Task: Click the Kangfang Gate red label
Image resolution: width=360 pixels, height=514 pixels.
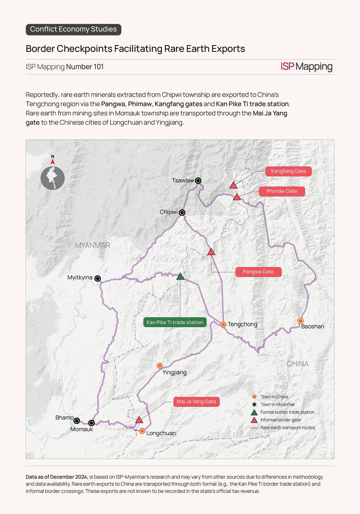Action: click(x=289, y=171)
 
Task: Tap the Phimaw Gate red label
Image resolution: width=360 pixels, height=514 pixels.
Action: click(x=282, y=191)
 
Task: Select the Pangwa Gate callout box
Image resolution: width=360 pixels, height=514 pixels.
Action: click(x=258, y=272)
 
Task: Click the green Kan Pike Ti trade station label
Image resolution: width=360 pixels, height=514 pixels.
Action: click(x=175, y=322)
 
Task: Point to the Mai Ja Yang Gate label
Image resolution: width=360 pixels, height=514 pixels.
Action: click(x=196, y=402)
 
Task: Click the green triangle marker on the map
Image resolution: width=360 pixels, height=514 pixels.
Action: click(x=180, y=276)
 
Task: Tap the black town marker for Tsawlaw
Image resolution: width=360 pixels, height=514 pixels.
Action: click(x=198, y=181)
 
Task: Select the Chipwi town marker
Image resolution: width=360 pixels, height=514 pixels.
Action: click(x=182, y=213)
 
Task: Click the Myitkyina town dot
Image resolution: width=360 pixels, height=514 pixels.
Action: click(x=97, y=278)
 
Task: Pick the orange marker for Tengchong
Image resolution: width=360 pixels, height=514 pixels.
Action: click(x=223, y=324)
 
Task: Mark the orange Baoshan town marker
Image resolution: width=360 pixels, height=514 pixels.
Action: click(x=301, y=321)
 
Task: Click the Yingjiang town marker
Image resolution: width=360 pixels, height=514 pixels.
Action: click(x=160, y=366)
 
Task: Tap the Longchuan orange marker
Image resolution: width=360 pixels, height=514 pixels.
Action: click(x=142, y=431)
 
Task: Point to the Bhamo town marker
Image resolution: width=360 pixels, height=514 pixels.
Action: click(x=77, y=421)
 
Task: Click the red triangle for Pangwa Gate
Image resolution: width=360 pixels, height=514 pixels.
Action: click(x=211, y=251)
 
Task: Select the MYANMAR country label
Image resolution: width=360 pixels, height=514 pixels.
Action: click(x=92, y=245)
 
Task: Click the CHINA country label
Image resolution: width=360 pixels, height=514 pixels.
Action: click(x=298, y=364)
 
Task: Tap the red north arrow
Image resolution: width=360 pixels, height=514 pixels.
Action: click(x=53, y=161)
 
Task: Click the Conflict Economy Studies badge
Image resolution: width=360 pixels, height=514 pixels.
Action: click(x=74, y=29)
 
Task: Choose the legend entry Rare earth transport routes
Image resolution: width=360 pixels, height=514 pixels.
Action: click(x=282, y=428)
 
